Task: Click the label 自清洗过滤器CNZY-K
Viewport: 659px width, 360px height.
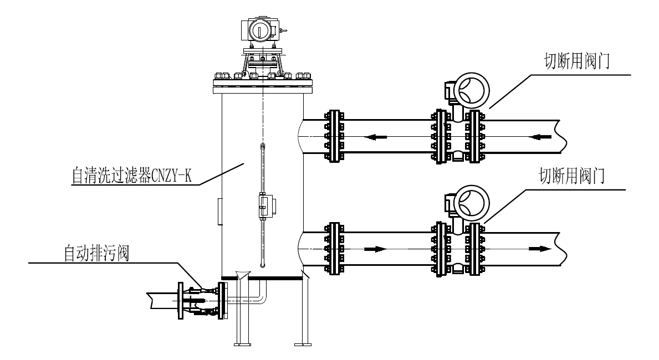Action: (131, 176)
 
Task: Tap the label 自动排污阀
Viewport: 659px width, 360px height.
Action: (96, 253)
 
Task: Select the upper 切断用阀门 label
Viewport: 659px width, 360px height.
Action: (576, 61)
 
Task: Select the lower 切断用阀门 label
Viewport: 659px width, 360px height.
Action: (571, 176)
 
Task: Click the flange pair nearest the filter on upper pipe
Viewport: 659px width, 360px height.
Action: (334, 136)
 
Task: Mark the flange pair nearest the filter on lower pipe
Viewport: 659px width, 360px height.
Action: (334, 249)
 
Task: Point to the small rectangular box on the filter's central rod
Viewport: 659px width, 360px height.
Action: (266, 206)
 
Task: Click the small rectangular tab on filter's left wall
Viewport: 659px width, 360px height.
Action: (220, 212)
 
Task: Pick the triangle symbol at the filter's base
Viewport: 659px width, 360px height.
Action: (243, 275)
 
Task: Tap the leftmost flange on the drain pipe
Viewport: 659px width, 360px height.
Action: (181, 301)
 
